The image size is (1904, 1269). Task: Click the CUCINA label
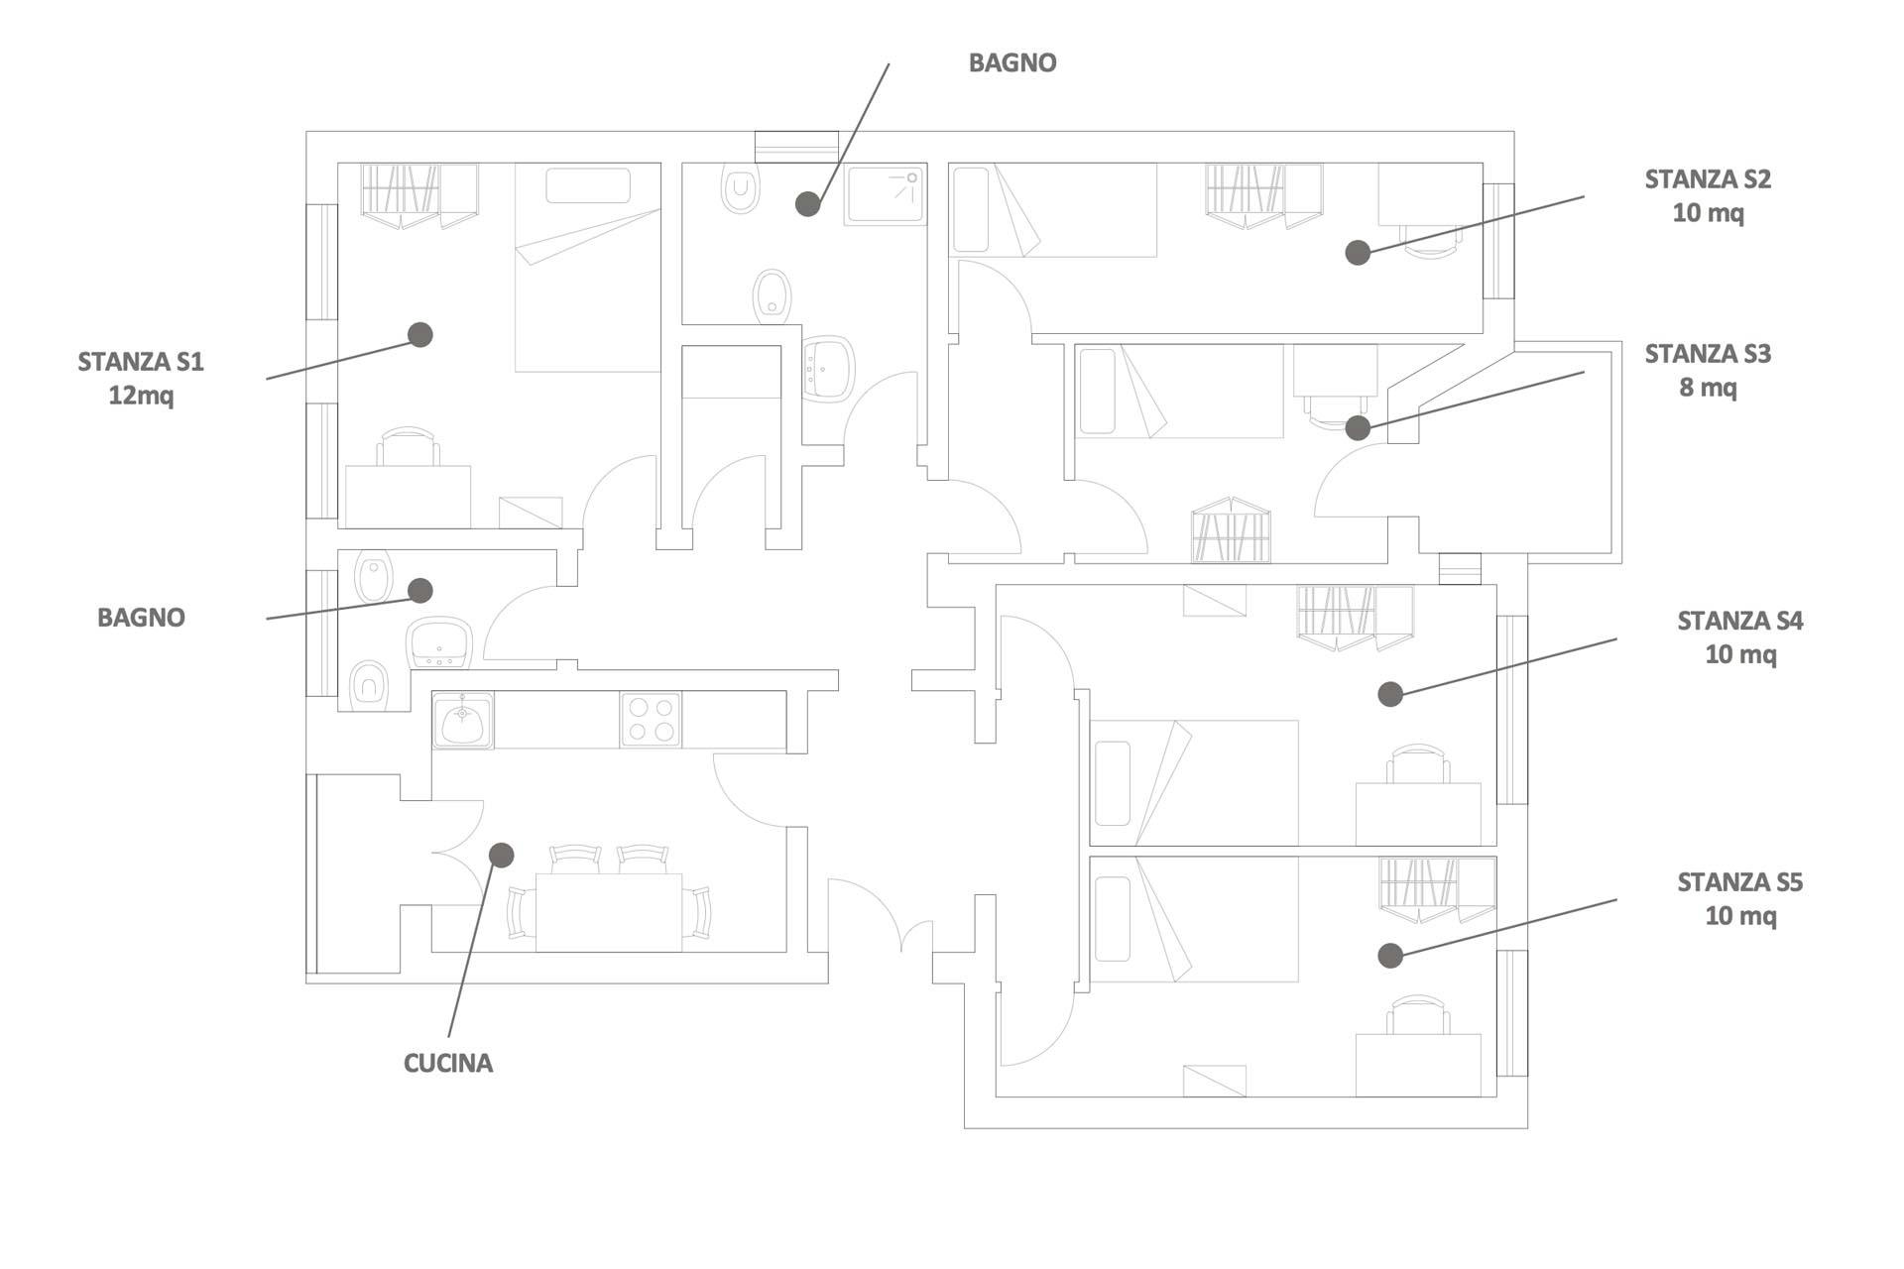(447, 1063)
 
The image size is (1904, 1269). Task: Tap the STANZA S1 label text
(141, 362)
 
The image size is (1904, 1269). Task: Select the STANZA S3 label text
(1708, 354)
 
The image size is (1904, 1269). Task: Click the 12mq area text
(141, 396)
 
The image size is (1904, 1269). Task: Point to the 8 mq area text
(1708, 388)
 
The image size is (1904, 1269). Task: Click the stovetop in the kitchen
(651, 720)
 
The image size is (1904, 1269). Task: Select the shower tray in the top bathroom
(885, 195)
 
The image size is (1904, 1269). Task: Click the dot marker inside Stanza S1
(420, 334)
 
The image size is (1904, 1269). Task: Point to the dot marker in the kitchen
(502, 855)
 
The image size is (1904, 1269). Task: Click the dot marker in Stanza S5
(1390, 955)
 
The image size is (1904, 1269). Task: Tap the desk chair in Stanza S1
(408, 446)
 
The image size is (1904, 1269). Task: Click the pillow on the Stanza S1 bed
(587, 185)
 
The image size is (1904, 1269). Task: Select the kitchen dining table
(608, 912)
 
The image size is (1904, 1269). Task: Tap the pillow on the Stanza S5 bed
(1112, 918)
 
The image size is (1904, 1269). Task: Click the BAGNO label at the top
(1012, 62)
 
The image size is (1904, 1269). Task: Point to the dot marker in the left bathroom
(420, 591)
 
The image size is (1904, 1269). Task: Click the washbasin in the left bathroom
(438, 641)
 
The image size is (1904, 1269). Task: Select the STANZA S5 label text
(1739, 882)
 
